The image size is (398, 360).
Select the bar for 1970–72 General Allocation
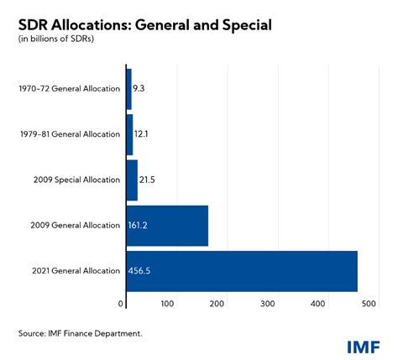click(x=128, y=87)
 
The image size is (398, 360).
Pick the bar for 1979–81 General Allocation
click(x=129, y=134)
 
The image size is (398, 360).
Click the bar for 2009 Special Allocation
click(x=132, y=180)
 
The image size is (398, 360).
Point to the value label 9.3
click(x=139, y=87)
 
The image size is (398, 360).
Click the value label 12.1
click(x=142, y=134)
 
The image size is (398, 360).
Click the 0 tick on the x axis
click(x=122, y=304)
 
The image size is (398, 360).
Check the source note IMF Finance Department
click(x=81, y=334)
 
